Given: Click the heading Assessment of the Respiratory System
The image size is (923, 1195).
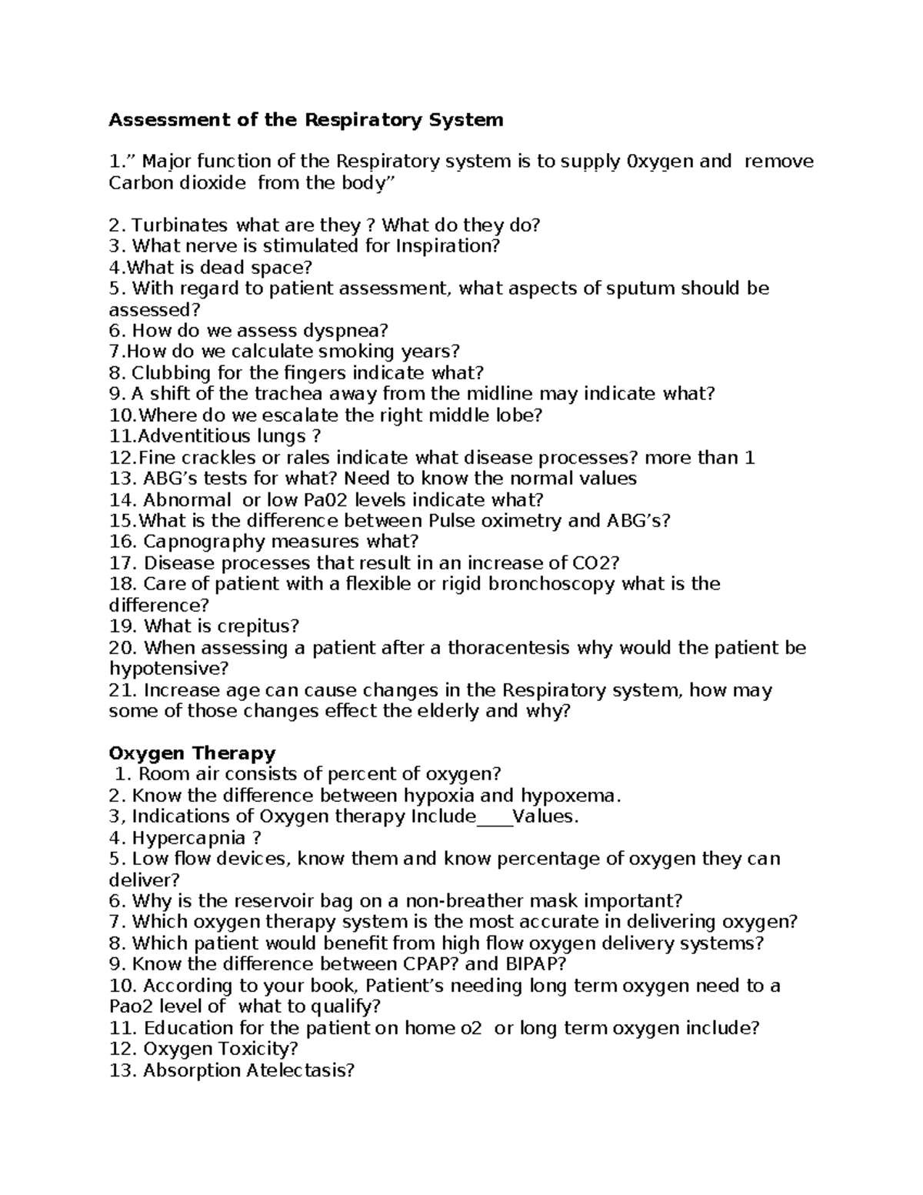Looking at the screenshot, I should (306, 120).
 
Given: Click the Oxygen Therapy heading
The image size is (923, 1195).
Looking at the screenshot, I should (192, 753).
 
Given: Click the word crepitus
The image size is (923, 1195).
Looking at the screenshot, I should (257, 626).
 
